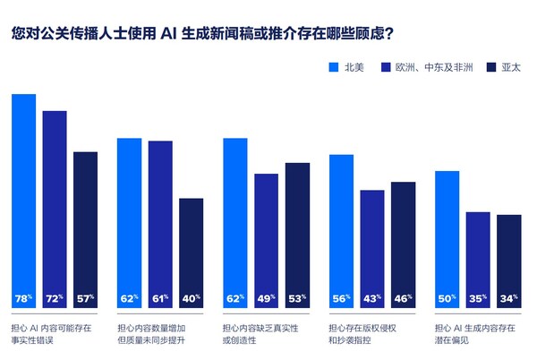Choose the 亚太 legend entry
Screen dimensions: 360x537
click(x=503, y=67)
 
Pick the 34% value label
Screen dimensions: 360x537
click(x=509, y=297)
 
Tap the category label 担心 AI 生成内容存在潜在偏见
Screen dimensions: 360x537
click(x=474, y=335)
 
